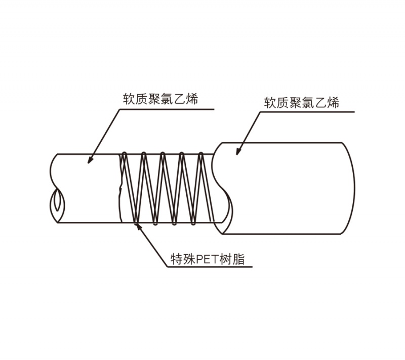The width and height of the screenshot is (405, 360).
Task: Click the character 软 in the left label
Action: pyautogui.click(x=129, y=99)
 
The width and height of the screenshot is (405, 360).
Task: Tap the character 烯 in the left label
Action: pyautogui.click(x=192, y=99)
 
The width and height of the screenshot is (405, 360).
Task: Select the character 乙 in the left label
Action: pyautogui.click(x=180, y=99)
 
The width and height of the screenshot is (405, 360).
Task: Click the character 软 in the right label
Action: pyautogui.click(x=270, y=102)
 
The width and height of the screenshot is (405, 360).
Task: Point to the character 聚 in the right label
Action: pyautogui.click(x=295, y=102)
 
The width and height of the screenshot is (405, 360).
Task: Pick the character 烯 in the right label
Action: pyautogui.click(x=333, y=102)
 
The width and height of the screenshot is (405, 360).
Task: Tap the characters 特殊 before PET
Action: pyautogui.click(x=183, y=259)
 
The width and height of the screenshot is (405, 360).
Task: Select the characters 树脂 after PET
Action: pyautogui.click(x=232, y=259)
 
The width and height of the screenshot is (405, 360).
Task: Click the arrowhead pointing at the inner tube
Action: pyautogui.click(x=90, y=160)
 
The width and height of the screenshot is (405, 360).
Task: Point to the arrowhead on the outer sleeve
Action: pyautogui.click(x=238, y=151)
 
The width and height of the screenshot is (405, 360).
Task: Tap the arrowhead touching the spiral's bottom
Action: pyautogui.click(x=138, y=226)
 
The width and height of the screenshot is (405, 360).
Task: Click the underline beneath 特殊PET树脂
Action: pyautogui.click(x=210, y=267)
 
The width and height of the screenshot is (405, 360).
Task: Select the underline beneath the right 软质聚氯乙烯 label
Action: pyautogui.click(x=307, y=112)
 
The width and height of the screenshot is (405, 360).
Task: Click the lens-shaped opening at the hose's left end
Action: pyautogui.click(x=57, y=200)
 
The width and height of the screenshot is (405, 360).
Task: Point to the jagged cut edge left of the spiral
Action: pyautogui.click(x=120, y=188)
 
